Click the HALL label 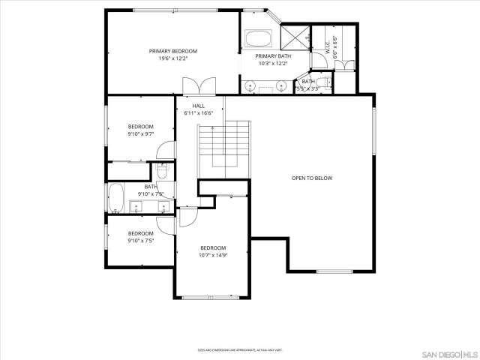198,106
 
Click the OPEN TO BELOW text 311,178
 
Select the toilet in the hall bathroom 166,170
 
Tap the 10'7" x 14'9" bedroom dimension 212,255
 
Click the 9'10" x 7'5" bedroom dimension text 140,241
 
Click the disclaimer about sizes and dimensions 239,349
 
